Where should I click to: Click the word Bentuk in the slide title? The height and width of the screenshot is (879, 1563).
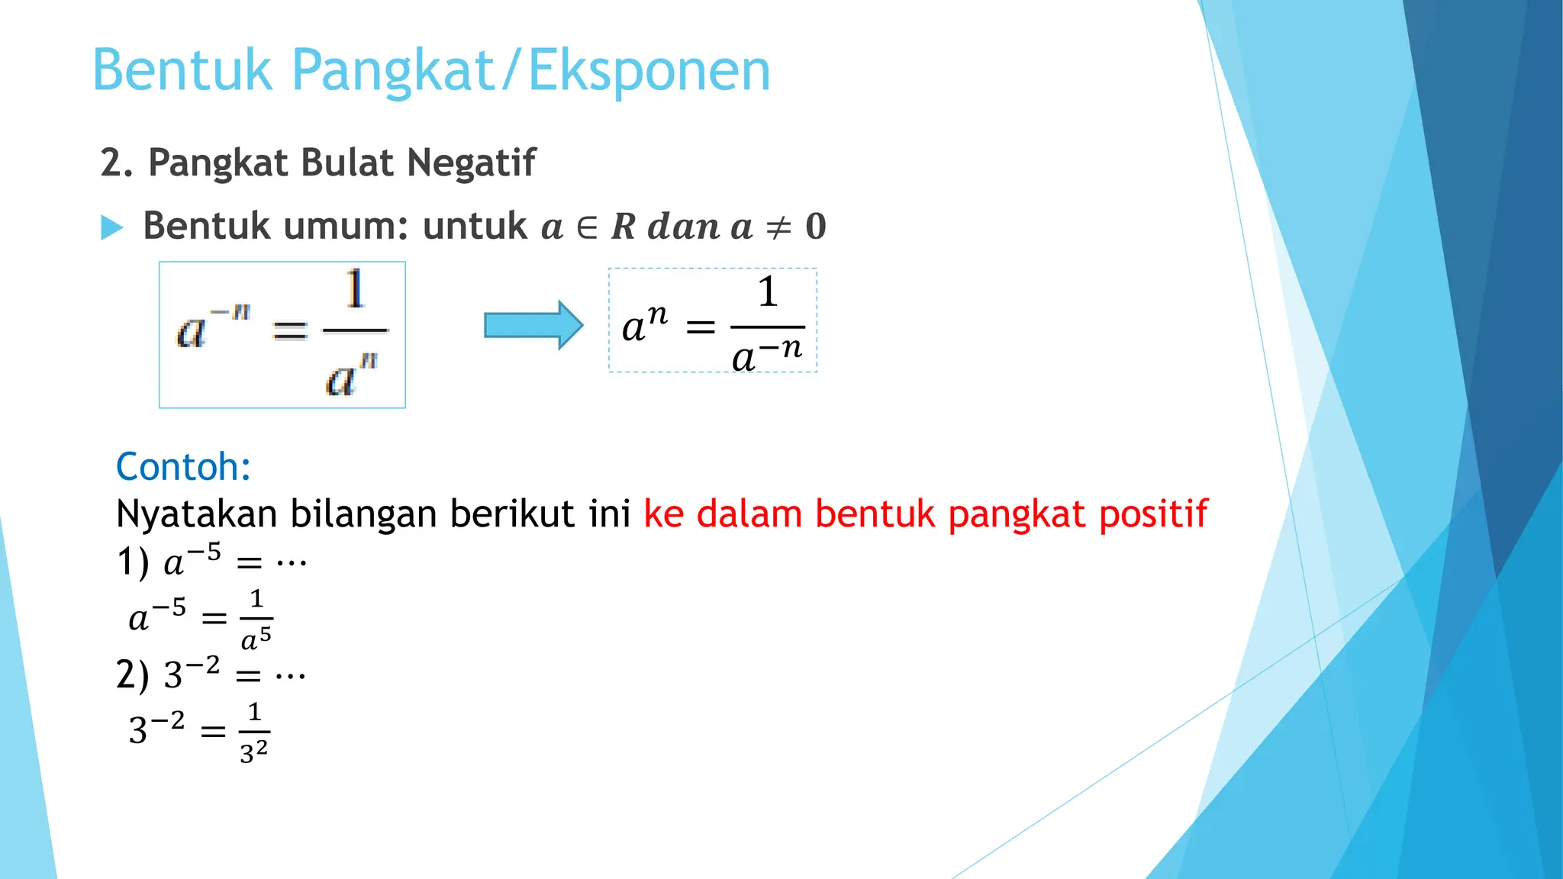tap(182, 70)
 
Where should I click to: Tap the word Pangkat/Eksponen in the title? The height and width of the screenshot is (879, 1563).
tap(530, 70)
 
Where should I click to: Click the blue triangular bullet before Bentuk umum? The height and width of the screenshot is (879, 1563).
tap(111, 227)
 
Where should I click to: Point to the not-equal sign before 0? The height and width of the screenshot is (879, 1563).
tap(778, 227)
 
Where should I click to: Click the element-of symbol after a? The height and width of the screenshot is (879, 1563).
tap(587, 227)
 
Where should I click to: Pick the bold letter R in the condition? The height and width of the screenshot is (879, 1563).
tap(624, 227)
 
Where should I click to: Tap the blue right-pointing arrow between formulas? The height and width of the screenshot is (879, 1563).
tap(533, 325)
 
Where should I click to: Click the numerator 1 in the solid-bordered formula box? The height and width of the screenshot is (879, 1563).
tap(355, 289)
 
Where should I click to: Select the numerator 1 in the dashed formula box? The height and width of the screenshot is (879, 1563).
tap(768, 291)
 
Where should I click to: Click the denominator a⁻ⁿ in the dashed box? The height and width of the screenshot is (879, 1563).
tap(766, 354)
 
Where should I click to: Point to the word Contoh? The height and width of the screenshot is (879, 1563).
tap(183, 466)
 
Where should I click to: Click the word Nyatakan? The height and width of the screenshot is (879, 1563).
tap(196, 514)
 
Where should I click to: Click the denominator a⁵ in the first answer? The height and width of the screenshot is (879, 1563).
tap(256, 639)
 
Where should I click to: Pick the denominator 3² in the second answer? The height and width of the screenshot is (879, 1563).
tap(253, 752)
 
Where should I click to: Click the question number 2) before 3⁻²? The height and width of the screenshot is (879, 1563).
tap(132, 675)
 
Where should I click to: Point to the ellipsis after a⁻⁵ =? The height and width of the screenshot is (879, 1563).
tap(292, 563)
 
